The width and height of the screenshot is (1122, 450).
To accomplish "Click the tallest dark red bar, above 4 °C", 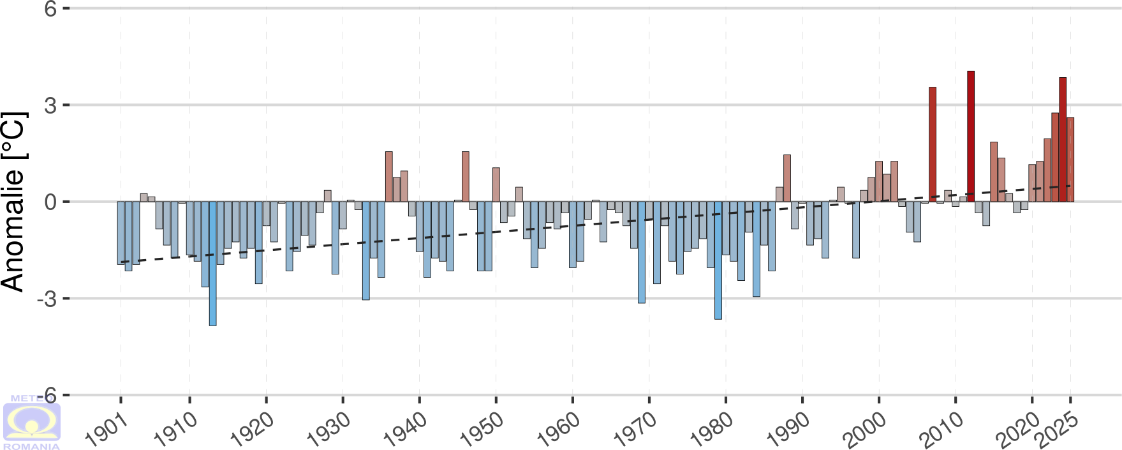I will tap(971, 137).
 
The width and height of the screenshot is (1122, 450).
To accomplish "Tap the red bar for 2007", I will tap(933, 144).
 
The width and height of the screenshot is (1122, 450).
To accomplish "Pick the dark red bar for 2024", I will tap(1063, 140).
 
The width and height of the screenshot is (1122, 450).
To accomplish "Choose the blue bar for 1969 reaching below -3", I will tap(642, 252).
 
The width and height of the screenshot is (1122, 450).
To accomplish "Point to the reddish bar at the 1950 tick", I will tap(496, 184).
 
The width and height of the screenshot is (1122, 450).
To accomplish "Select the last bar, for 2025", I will tap(1070, 160).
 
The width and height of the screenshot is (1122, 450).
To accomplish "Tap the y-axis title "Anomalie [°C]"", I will tap(14, 202).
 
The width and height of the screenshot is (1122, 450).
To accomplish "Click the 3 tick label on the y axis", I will tap(50, 105).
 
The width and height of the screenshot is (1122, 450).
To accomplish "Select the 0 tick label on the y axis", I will tap(50, 202).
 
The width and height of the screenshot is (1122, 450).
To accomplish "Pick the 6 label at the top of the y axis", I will tap(50, 9).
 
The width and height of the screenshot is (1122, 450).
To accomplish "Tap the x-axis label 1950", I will tap(482, 428).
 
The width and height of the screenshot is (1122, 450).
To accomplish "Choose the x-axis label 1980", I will tap(711, 428).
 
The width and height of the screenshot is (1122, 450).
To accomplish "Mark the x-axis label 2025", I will tap(1056, 428).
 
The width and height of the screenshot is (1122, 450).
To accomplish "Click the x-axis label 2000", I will tap(864, 428).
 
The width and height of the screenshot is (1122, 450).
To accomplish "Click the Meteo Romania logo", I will tap(31, 422).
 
